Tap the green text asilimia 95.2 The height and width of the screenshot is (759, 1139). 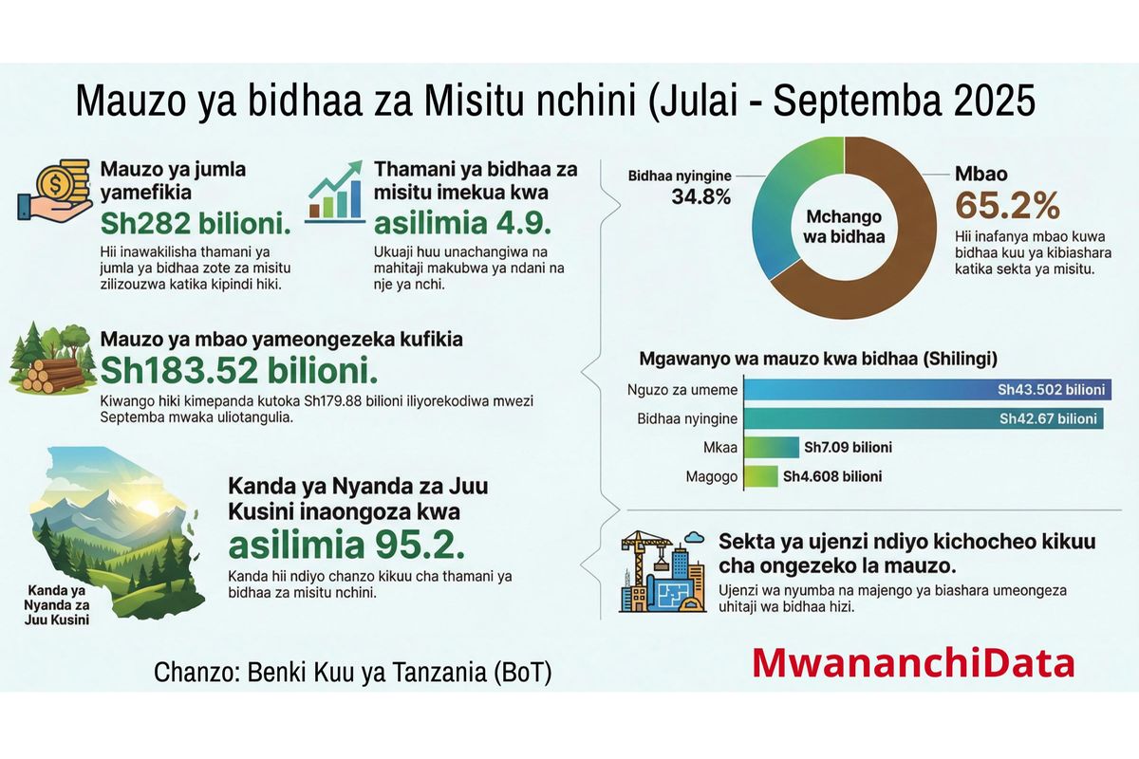point(346,546)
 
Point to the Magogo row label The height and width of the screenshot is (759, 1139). point(711,476)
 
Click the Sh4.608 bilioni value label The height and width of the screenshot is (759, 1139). point(831,476)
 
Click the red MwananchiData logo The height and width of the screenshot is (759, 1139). point(913,662)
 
